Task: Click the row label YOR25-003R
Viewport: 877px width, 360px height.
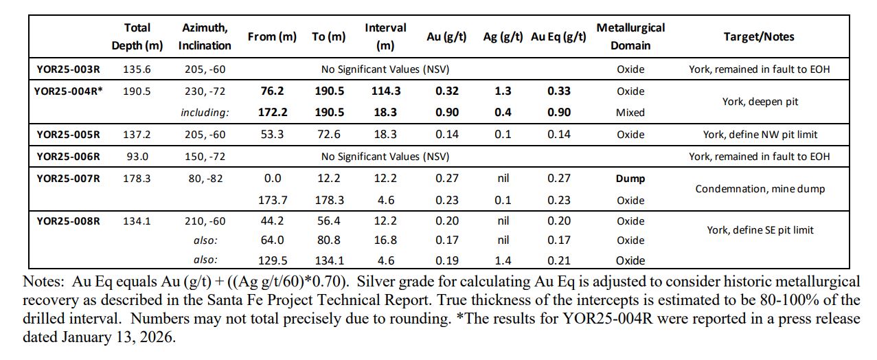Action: [68, 69]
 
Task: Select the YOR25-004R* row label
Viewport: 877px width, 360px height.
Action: [68, 91]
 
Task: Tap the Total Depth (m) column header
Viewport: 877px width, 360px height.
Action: [137, 36]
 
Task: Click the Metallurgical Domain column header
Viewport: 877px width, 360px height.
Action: [630, 36]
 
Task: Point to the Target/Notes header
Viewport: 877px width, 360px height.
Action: [758, 37]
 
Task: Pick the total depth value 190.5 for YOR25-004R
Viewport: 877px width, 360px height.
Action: [137, 91]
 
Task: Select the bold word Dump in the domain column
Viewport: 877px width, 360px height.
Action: [630, 179]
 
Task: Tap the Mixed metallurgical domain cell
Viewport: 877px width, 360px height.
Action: [630, 113]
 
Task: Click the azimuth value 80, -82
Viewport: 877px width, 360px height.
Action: [204, 179]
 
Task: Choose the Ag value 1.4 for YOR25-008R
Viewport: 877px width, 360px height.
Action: [503, 260]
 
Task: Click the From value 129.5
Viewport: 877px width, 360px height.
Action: [272, 260]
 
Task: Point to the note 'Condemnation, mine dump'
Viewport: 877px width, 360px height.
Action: [758, 189]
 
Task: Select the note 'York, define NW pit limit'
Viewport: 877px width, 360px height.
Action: [758, 135]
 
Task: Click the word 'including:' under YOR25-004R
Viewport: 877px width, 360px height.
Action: [204, 113]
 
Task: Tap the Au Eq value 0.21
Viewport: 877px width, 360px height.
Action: [558, 260]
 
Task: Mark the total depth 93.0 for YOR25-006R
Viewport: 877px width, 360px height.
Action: [137, 157]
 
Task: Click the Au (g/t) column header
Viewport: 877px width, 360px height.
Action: [446, 37]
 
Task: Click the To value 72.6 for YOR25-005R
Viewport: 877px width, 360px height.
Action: [328, 135]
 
